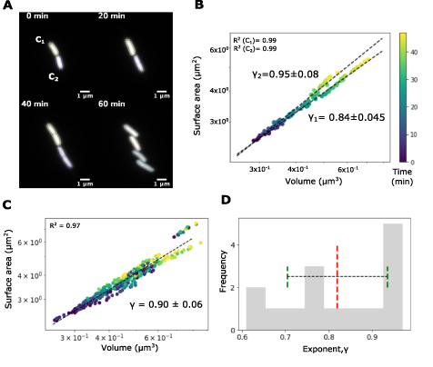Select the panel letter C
click(x=8, y=206)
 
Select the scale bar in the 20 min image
click(x=160, y=92)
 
